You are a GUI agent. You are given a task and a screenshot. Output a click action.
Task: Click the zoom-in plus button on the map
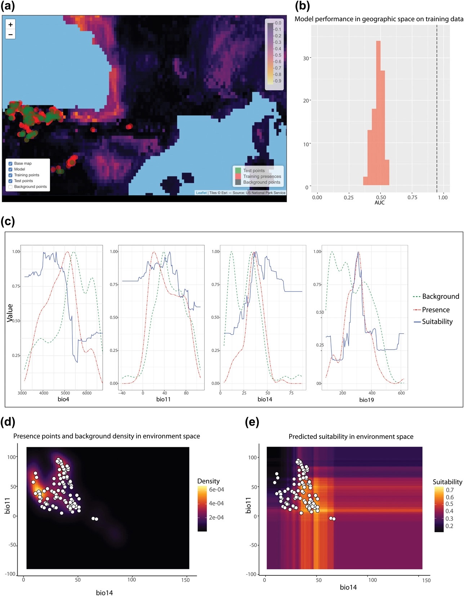[10, 25]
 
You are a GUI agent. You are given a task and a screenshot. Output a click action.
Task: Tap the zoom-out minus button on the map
[10, 35]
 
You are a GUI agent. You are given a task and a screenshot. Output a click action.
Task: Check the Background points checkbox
[10, 187]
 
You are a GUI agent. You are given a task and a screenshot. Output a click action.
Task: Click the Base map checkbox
[10, 164]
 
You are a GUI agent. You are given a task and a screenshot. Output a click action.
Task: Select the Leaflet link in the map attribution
[201, 193]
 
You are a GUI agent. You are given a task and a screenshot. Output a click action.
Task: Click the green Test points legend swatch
[238, 170]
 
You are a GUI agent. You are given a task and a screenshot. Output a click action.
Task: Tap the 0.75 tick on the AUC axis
[412, 197]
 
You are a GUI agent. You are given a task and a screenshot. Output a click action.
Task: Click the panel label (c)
[8, 221]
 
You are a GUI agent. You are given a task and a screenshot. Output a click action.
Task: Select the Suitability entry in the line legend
[437, 322]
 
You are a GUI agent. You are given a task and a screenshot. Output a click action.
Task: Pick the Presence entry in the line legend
[436, 310]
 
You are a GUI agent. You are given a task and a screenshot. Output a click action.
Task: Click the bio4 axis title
[63, 399]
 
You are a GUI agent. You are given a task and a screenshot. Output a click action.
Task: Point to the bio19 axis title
[366, 400]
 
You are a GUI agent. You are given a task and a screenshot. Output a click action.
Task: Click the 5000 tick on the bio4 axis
[65, 393]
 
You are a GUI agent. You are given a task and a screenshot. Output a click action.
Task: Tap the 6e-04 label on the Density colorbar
[217, 490]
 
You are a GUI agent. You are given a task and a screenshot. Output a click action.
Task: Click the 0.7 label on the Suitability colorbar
[450, 490]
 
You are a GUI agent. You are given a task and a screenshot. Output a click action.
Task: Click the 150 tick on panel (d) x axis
[186, 580]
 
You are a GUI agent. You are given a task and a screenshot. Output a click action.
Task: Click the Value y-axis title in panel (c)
[10, 313]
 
